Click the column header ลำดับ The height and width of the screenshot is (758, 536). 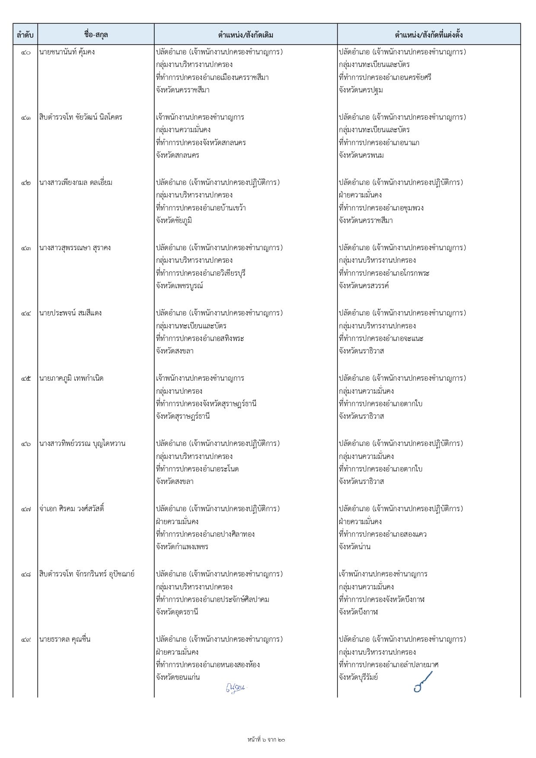tap(25, 35)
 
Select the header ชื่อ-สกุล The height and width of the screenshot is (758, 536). tap(96, 35)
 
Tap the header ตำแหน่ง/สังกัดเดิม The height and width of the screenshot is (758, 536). tap(246, 35)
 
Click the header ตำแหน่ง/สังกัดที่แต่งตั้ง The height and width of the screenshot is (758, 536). tap(429, 35)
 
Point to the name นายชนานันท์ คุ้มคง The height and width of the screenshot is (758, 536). tap(67, 52)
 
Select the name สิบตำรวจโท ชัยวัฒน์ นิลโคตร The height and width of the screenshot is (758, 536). tap(81, 118)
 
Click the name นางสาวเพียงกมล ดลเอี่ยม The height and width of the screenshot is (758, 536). tap(76, 183)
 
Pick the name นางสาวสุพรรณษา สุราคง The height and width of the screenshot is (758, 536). tap(75, 248)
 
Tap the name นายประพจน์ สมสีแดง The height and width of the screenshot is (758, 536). tap(70, 313)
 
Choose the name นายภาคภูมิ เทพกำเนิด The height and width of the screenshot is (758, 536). tap(71, 379)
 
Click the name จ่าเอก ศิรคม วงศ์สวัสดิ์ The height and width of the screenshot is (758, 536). tap(72, 509)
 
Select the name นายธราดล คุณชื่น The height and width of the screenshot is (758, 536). tap(65, 640)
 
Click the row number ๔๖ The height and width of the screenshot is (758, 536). tap(26, 444)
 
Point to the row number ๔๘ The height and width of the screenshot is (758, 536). tap(26, 574)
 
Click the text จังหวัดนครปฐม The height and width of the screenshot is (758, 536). tap(361, 90)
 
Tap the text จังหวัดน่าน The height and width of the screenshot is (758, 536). tap(354, 547)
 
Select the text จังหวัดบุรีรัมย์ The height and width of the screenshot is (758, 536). tap(358, 678)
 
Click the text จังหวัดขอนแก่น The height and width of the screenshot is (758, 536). tap(178, 678)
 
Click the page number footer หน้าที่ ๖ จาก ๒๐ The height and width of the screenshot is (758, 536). tap(266, 740)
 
